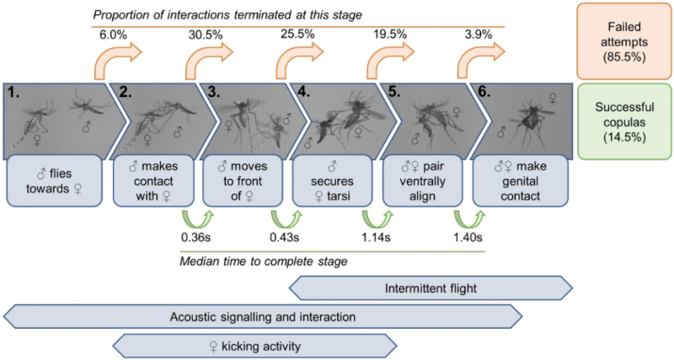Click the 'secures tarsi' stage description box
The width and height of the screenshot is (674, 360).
[x=333, y=185]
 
